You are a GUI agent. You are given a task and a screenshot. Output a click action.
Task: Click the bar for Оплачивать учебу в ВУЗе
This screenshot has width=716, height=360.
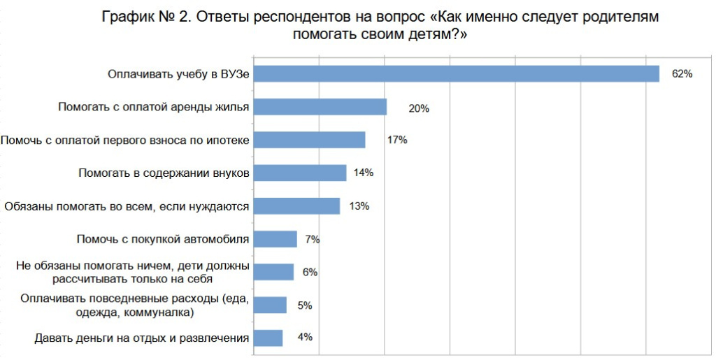(x=456, y=73)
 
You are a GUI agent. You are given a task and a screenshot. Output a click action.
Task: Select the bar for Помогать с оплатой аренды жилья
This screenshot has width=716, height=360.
(x=320, y=107)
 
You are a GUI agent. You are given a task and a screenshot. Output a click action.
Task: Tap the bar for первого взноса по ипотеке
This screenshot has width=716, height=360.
(x=309, y=140)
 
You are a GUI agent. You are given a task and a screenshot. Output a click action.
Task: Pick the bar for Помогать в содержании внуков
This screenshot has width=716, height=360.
(x=299, y=173)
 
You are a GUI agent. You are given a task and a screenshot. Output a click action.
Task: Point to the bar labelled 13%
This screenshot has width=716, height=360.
(x=296, y=206)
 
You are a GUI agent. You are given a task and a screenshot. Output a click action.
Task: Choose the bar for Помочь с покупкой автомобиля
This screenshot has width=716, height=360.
(x=275, y=239)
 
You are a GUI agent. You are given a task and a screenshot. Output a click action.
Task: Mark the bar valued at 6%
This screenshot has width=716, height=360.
(x=273, y=272)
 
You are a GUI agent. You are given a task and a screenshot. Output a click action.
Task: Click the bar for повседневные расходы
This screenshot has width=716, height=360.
(x=270, y=305)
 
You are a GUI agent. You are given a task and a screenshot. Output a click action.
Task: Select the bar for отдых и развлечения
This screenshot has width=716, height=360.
(x=268, y=338)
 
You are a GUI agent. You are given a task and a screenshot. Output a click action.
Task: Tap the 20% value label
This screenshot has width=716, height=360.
(x=419, y=109)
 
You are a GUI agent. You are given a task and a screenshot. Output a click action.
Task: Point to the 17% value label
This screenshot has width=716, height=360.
(x=396, y=140)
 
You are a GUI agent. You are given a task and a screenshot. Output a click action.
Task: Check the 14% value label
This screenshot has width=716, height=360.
(x=364, y=173)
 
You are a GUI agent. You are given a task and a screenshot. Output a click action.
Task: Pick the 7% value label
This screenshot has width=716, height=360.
(x=312, y=239)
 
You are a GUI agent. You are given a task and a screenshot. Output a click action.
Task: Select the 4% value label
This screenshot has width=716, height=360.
(x=305, y=337)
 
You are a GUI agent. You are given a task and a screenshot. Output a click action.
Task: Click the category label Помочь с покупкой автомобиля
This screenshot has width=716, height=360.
(x=162, y=239)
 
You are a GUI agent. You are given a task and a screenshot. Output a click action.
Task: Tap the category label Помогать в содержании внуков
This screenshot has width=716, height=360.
(x=164, y=173)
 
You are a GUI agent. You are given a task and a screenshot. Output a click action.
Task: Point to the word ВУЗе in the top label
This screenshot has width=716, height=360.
(x=234, y=73)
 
